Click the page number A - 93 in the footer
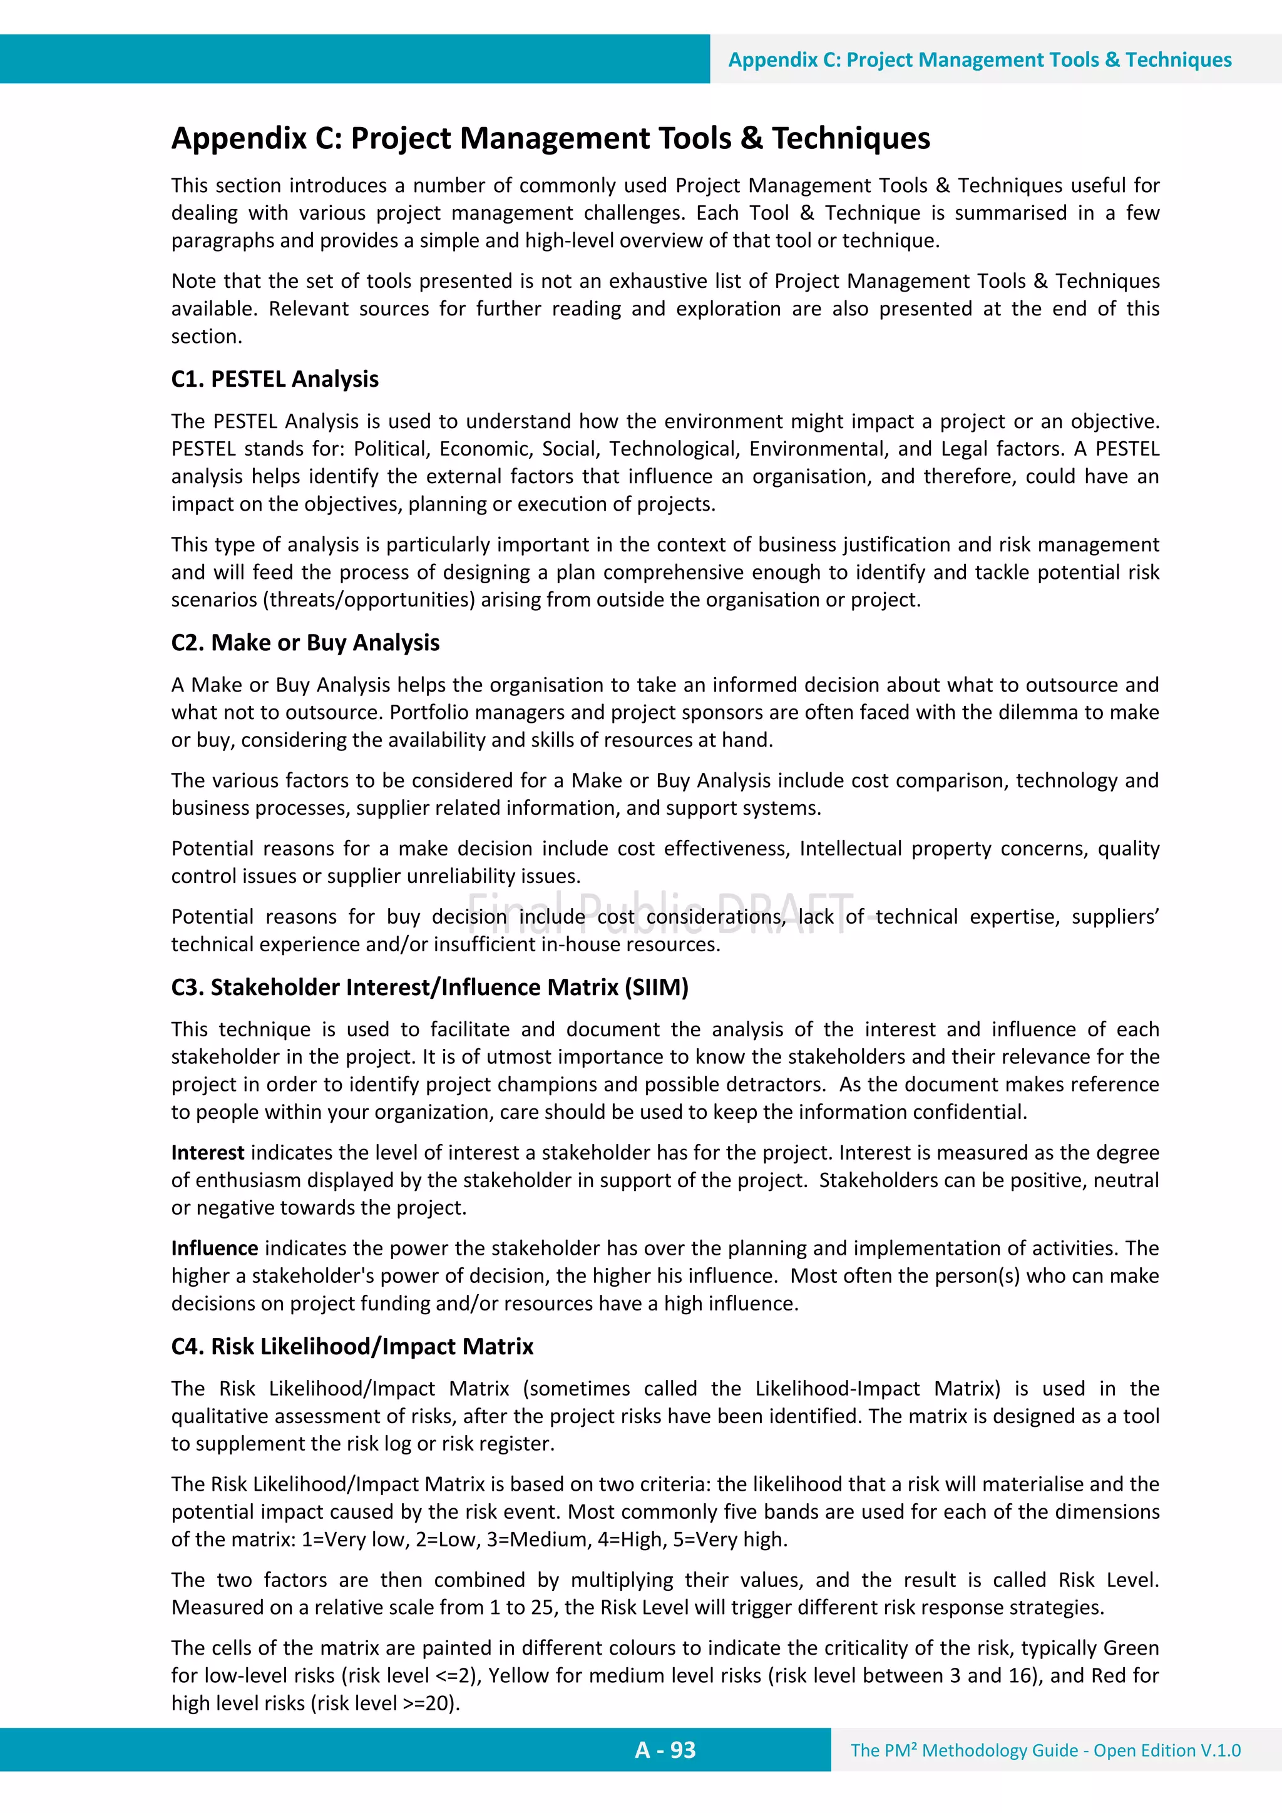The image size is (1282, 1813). pyautogui.click(x=664, y=1750)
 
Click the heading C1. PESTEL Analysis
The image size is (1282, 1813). pyautogui.click(x=275, y=379)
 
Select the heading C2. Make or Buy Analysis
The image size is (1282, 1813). pyautogui.click(x=305, y=643)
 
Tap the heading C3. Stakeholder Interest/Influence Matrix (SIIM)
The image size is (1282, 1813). pyautogui.click(x=429, y=987)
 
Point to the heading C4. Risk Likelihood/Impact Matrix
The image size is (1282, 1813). pyautogui.click(x=352, y=1346)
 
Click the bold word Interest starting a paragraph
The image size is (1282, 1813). pyautogui.click(x=207, y=1153)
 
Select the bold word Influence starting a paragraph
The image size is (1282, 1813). pyautogui.click(x=214, y=1249)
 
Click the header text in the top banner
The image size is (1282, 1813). pyautogui.click(x=980, y=60)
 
